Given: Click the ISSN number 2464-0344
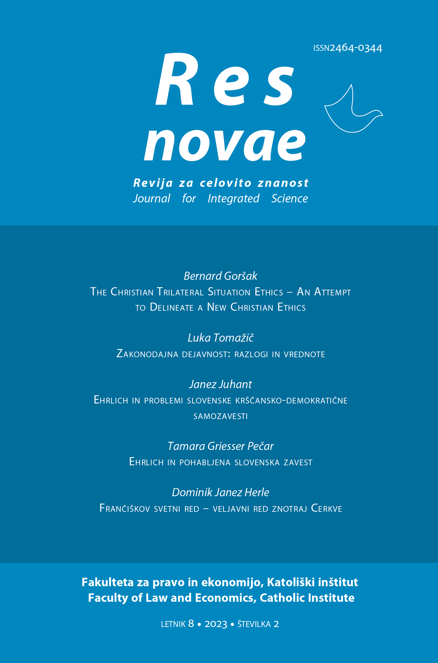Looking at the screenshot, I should tap(356, 48).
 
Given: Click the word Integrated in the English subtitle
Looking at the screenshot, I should tap(233, 198).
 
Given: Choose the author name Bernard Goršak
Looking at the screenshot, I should tap(220, 276).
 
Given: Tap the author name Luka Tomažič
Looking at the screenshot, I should tap(220, 338).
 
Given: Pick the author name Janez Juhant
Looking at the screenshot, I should tap(220, 384).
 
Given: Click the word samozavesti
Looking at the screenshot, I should tap(220, 416).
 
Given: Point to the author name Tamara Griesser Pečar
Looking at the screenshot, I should tap(220, 446).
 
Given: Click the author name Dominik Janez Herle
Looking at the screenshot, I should tap(220, 493).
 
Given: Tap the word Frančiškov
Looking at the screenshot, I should tap(124, 508).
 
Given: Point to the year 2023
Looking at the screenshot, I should tap(216, 624).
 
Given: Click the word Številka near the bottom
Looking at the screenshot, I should tap(254, 624).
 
